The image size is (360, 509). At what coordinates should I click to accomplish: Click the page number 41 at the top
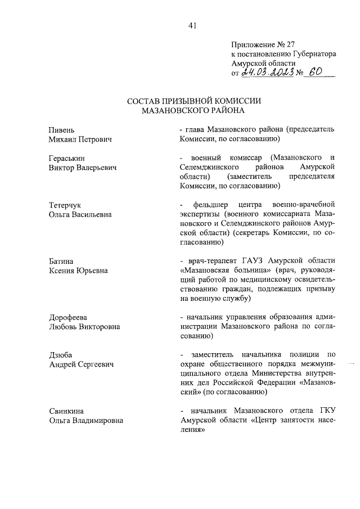(x=192, y=24)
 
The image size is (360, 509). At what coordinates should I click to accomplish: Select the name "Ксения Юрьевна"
(x=78, y=271)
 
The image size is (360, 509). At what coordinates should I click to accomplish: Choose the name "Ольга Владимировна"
(x=85, y=420)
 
